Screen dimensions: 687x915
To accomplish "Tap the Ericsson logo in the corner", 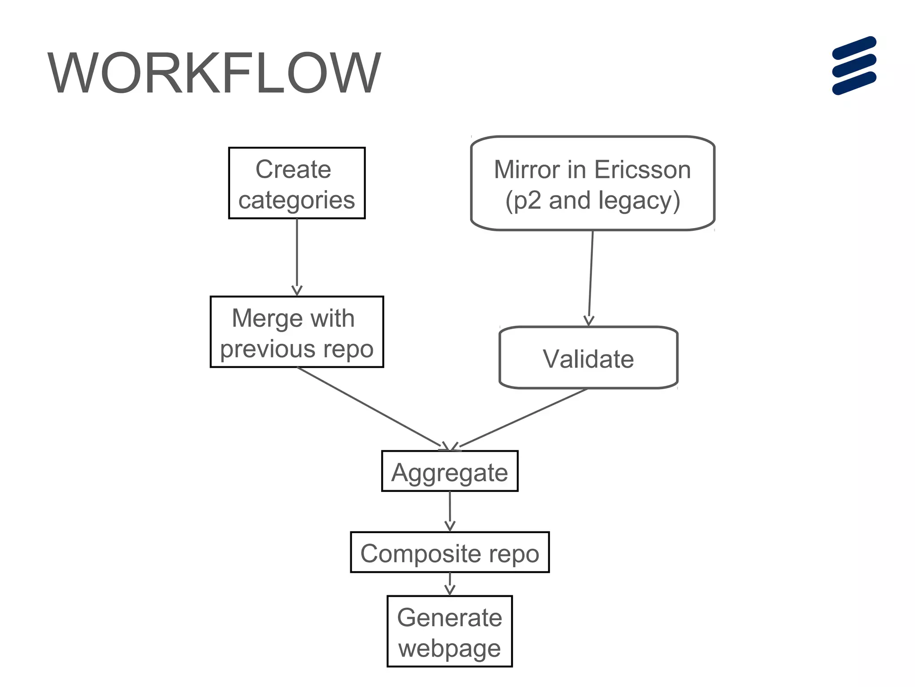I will coord(854,65).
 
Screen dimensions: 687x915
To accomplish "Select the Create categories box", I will coord(297,183).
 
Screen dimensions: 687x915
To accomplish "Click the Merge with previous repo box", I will coord(297,332).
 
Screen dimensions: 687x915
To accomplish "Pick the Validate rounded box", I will coord(588,358).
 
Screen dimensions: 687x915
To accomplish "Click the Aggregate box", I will coord(449,471).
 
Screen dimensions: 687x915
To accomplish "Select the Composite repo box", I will coord(449,552).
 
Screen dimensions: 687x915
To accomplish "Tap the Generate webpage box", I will coord(449,631).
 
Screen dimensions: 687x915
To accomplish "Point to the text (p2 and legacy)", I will coord(592,200).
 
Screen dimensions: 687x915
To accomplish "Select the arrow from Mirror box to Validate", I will coord(591,277).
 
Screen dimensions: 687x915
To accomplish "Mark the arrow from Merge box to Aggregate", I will coord(371,408).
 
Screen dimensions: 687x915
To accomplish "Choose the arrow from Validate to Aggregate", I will coord(523,418).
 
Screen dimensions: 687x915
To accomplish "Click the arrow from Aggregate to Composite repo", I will coord(449,510).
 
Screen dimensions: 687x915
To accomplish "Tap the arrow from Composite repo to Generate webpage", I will coord(449,583).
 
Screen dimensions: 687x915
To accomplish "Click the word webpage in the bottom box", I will coord(449,648).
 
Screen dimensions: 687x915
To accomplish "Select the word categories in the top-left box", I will coord(297,200).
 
